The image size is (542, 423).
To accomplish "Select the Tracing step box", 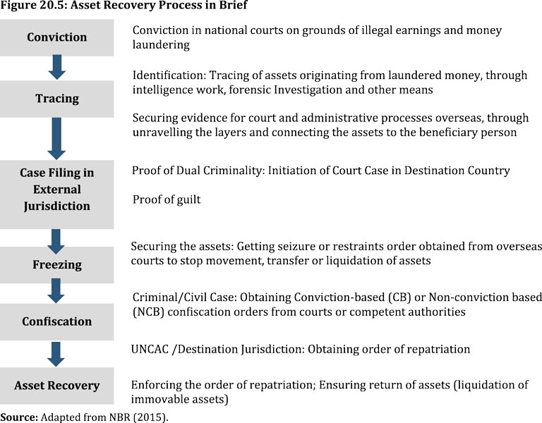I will (x=56, y=99).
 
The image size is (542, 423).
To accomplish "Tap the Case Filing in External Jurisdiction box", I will (x=56, y=189).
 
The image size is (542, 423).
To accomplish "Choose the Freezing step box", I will (x=56, y=265).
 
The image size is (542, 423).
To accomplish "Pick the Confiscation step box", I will (x=56, y=321).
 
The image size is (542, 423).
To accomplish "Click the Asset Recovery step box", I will (x=56, y=386).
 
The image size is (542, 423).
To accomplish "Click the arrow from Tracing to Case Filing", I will (x=57, y=139).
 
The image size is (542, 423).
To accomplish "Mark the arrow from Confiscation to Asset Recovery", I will (x=57, y=352).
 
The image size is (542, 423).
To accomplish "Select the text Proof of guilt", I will (x=167, y=200).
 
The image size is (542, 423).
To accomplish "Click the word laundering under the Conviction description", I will (x=162, y=44).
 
